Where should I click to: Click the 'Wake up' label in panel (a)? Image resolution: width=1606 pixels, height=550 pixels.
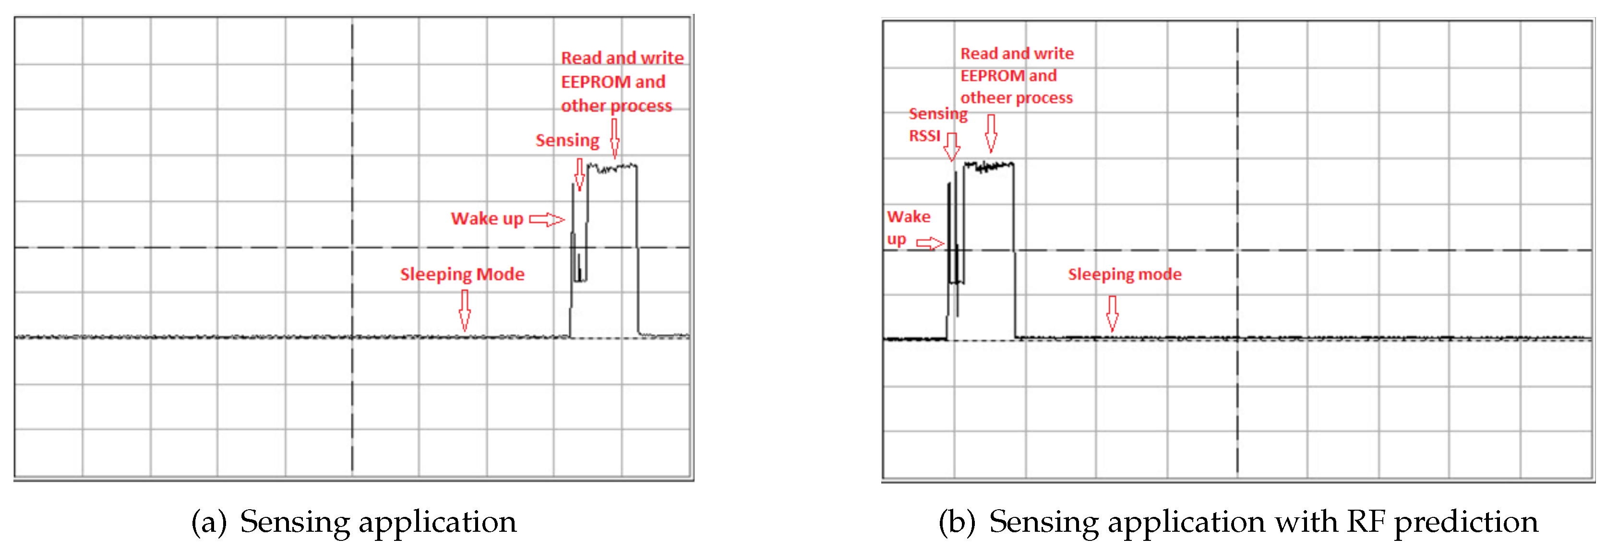(x=487, y=218)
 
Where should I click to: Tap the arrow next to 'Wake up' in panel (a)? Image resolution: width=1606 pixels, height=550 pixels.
(x=546, y=219)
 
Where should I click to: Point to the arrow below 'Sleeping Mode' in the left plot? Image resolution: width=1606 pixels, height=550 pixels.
(x=465, y=310)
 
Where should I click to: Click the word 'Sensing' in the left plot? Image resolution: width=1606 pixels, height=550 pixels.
(x=567, y=140)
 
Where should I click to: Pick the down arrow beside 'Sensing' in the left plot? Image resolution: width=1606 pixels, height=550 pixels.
(x=579, y=174)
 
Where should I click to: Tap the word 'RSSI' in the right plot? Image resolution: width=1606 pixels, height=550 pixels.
(x=924, y=136)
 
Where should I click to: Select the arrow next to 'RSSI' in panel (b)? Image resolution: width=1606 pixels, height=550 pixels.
(x=951, y=146)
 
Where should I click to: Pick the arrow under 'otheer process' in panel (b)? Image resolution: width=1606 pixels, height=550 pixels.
(x=991, y=133)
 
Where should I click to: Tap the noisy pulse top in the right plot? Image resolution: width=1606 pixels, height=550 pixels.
(x=989, y=166)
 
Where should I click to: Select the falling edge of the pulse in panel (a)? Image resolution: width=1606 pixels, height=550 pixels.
(x=637, y=250)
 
